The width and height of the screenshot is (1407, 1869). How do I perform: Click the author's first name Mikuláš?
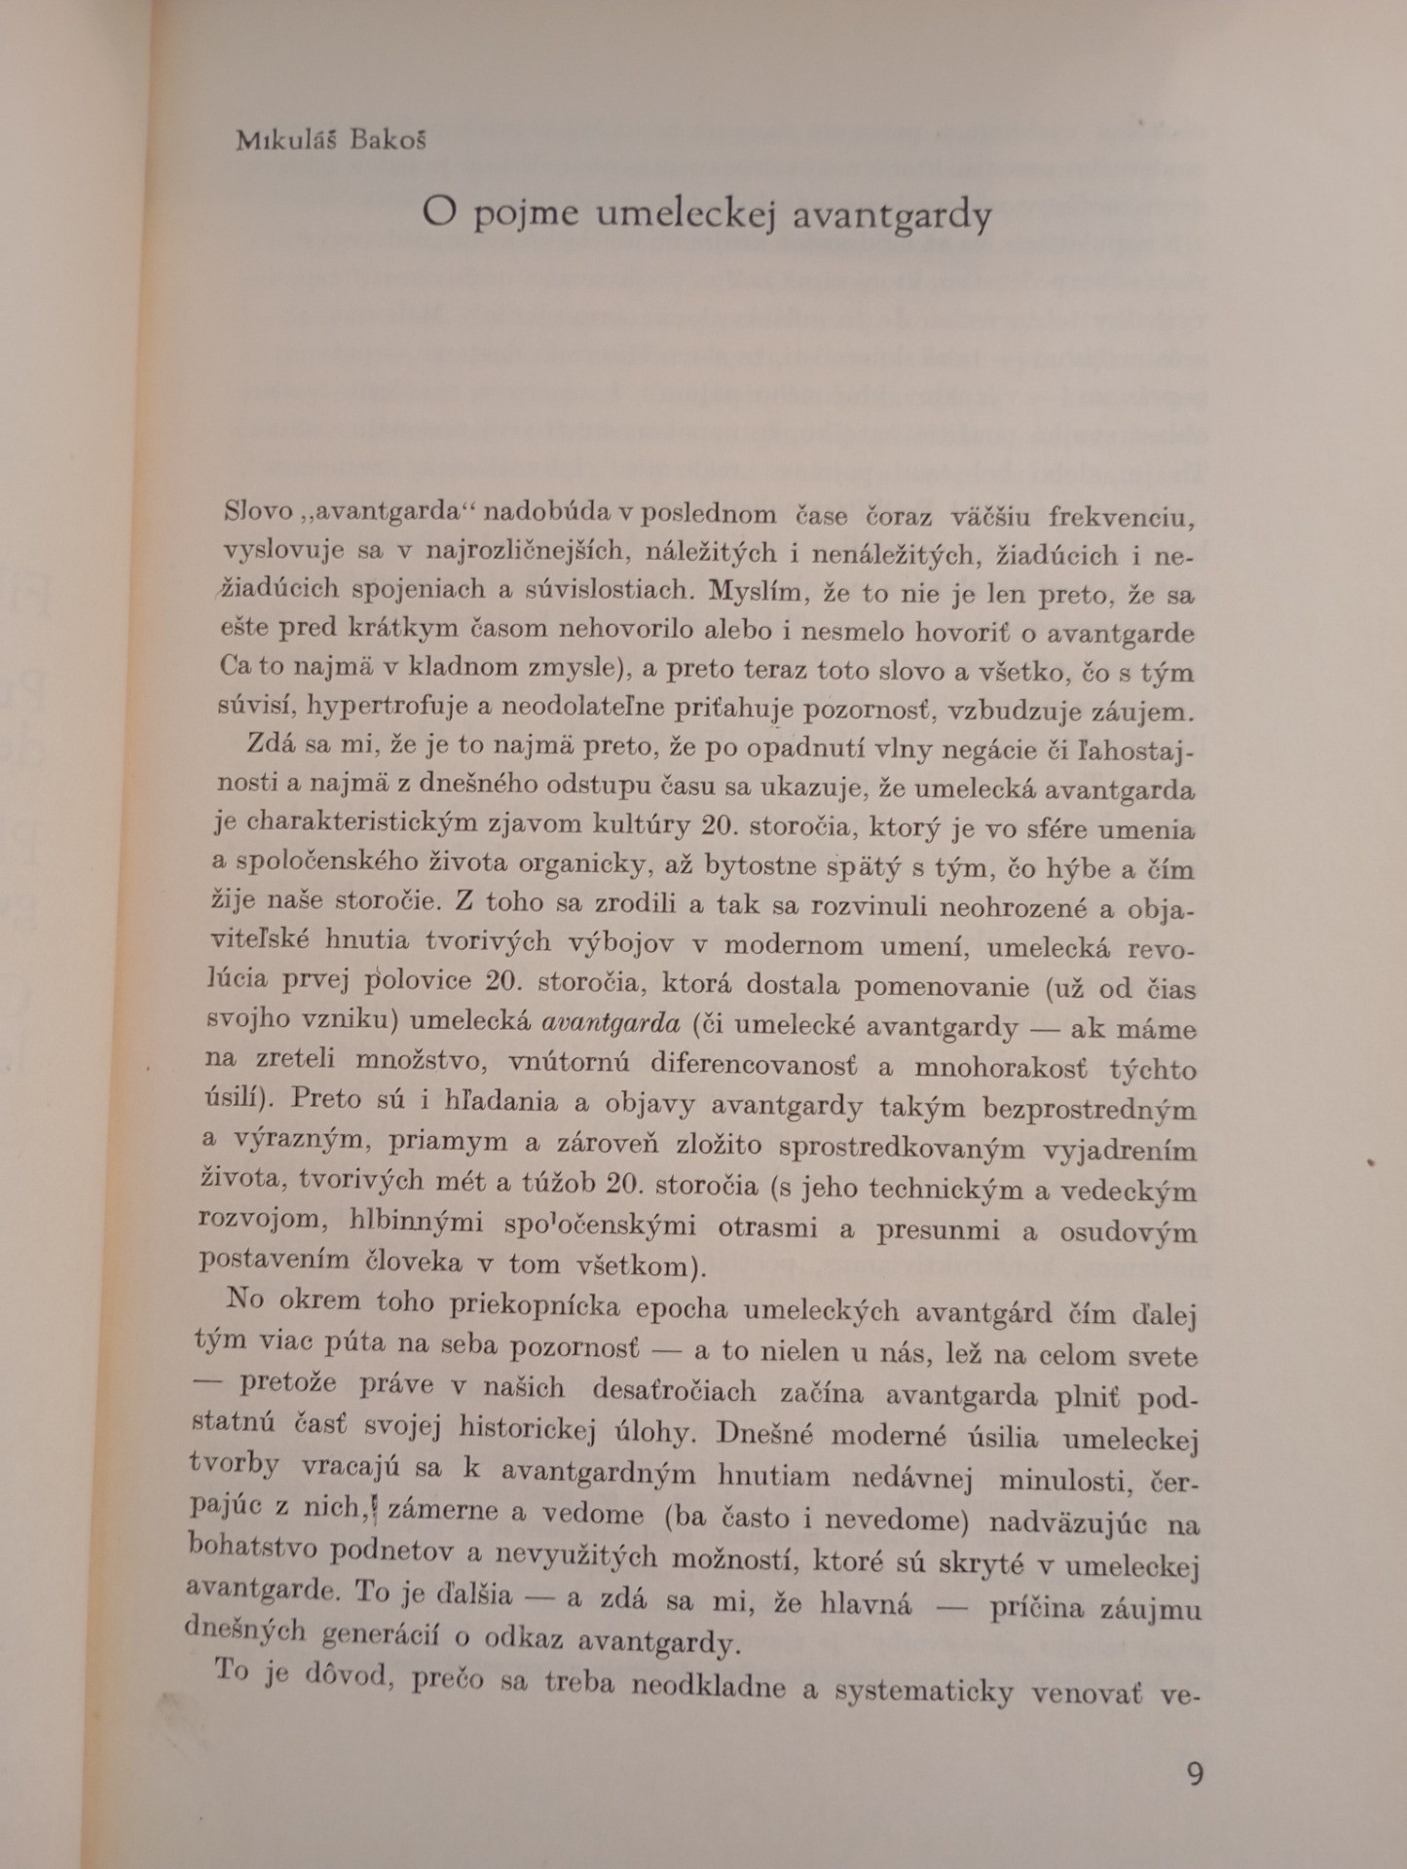pyautogui.click(x=285, y=140)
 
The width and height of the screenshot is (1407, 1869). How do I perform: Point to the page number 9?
pyautogui.click(x=1196, y=1773)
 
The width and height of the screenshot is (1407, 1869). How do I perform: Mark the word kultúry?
pyautogui.click(x=635, y=825)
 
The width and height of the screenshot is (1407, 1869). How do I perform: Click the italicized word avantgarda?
pyautogui.click(x=610, y=1022)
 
